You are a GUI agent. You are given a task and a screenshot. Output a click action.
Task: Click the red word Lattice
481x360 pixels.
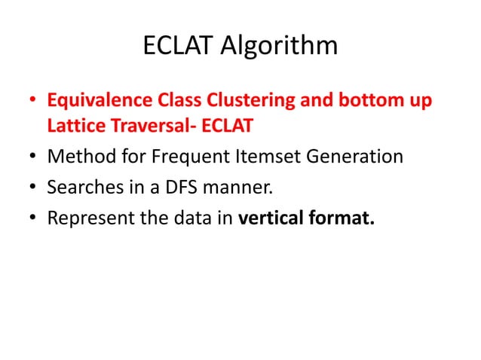click(x=72, y=126)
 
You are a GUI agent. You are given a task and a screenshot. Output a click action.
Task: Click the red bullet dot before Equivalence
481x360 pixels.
click(x=32, y=101)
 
